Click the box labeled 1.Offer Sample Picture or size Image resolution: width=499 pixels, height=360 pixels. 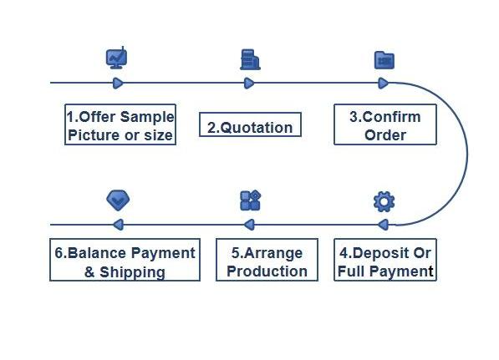120,124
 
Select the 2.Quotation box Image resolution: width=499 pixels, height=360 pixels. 250,124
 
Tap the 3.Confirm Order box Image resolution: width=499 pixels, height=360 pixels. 385,124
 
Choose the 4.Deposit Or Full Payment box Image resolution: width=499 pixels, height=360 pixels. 385,260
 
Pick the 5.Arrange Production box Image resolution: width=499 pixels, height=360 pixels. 267,260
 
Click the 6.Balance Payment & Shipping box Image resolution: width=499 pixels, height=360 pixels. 125,260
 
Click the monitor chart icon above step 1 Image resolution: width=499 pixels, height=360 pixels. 117,58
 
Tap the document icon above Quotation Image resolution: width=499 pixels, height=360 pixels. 250,59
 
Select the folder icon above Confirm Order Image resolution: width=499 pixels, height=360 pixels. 384,60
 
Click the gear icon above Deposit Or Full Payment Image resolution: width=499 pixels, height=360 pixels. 384,201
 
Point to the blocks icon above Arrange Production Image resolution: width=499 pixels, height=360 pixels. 251,200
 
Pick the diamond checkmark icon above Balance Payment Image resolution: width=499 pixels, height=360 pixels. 118,200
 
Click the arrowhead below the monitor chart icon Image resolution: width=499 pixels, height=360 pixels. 118,84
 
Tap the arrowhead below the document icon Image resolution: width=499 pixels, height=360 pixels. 249,84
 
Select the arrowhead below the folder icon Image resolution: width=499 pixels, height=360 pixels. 384,84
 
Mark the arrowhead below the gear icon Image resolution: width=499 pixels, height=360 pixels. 383,225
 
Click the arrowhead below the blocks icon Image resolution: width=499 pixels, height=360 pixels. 249,225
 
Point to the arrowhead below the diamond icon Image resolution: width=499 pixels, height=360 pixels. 119,225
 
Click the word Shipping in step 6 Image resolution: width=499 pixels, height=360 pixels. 132,272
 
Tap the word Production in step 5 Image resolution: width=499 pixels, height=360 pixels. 267,271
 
